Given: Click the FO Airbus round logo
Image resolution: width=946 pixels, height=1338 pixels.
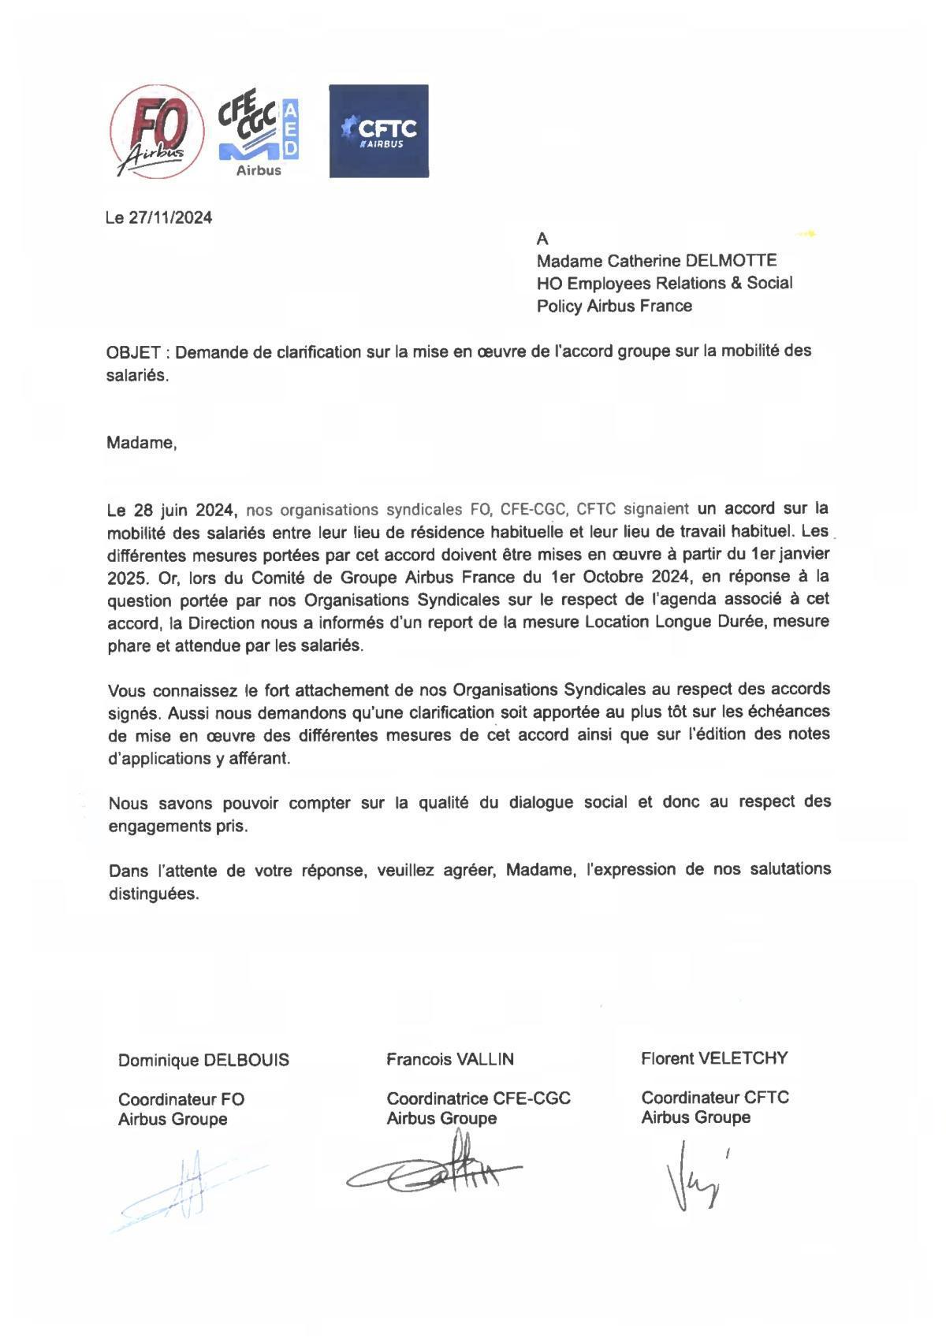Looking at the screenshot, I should [150, 132].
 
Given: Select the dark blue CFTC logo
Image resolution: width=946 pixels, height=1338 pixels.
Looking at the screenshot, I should [378, 131].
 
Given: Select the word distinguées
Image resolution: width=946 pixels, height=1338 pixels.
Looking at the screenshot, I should [154, 894].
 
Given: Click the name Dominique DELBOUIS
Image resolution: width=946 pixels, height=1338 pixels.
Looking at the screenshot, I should [203, 1061].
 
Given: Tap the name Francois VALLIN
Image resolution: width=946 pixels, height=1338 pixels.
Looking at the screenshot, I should [450, 1060].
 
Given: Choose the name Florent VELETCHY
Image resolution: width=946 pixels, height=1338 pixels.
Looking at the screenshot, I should [714, 1059].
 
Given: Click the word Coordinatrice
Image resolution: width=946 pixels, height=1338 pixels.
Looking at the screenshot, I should [434, 1098].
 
